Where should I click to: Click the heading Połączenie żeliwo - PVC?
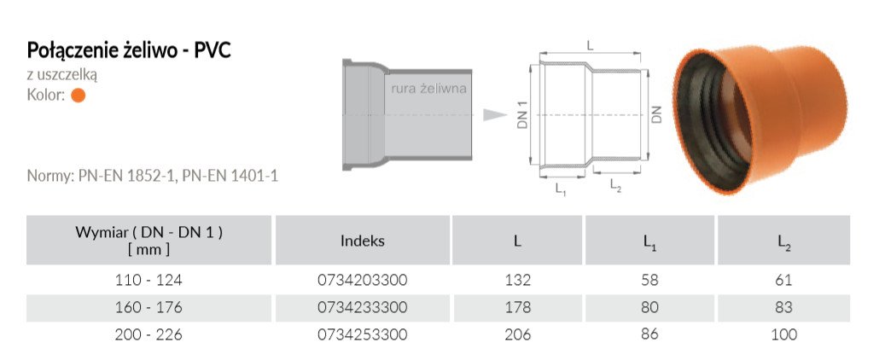[x=129, y=51]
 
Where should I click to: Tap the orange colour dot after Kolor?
[x=79, y=96]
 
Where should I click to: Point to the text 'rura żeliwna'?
[x=429, y=89]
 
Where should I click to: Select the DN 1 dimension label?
[x=522, y=115]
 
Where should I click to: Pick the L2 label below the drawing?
[x=615, y=186]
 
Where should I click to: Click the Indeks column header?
[x=363, y=241]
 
